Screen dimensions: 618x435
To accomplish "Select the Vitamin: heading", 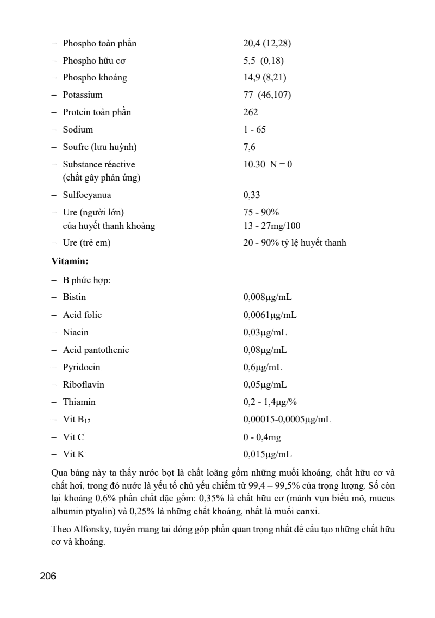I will point(70,261).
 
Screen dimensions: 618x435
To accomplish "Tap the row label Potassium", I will point(83,95).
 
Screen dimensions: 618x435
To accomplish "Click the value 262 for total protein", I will point(251,112).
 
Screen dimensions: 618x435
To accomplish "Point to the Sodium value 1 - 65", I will point(255,129).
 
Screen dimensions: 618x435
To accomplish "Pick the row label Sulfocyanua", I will point(87,195).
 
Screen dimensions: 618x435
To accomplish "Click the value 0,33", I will point(252,195).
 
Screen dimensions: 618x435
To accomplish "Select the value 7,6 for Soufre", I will point(249,147).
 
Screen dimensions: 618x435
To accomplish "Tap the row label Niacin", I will point(76,332).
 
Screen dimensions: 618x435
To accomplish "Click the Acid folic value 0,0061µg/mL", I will point(270,315).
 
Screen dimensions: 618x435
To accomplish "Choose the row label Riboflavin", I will point(84,384).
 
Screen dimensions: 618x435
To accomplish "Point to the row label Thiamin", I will point(79,402).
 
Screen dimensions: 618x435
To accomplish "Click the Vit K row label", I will point(74,454).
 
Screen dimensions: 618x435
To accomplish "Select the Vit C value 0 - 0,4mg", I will point(262,437).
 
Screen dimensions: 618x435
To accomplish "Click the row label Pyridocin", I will point(81,367).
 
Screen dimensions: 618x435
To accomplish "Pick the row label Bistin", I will point(74,297).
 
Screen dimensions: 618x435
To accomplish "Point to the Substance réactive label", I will point(99,164).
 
